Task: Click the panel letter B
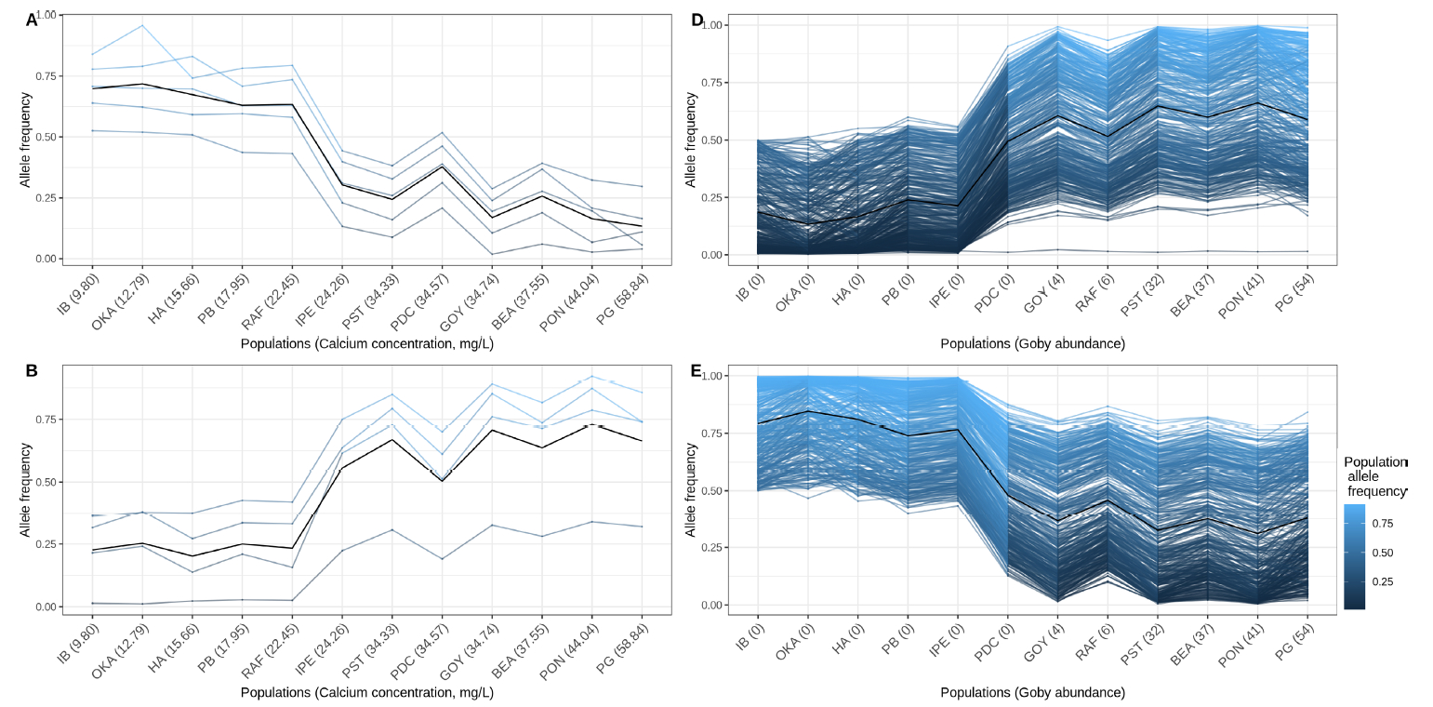tap(32, 371)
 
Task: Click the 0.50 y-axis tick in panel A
tap(45, 137)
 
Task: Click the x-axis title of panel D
tap(1032, 343)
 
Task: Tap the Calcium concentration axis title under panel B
tap(366, 693)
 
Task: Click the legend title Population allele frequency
tap(1375, 476)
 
